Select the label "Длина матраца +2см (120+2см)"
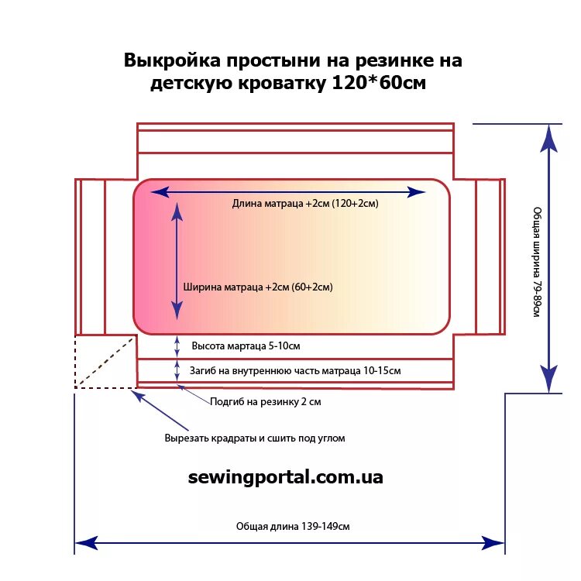[304, 204]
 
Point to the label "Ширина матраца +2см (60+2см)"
[258, 287]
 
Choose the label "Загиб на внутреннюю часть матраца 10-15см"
[295, 371]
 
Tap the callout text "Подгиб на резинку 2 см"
[266, 402]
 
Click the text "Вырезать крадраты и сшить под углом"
[254, 438]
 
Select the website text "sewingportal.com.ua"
[285, 477]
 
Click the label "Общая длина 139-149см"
[293, 526]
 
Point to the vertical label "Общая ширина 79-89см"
[536, 261]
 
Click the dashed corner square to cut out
[105, 361]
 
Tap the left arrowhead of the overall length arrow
[86, 542]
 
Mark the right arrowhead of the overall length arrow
[493, 542]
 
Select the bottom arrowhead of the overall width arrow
[549, 379]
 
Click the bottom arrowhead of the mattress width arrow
[177, 311]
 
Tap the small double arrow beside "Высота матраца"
[177, 346]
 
